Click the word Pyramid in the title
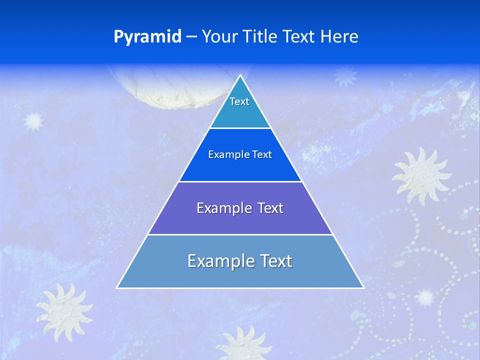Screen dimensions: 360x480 point(147,37)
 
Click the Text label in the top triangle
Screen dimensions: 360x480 point(239,101)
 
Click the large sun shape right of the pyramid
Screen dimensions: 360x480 point(421,174)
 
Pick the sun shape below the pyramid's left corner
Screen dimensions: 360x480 point(63,310)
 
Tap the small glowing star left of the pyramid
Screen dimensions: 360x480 point(34,121)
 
